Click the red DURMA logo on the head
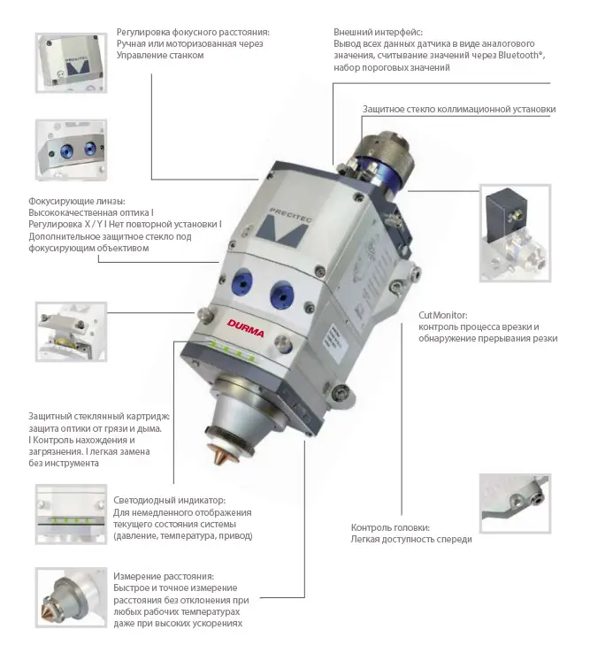[246, 328]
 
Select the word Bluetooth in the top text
[519, 56]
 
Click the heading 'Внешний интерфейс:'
[378, 32]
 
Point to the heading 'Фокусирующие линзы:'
[77, 201]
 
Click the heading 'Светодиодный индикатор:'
[169, 500]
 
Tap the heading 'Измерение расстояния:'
[164, 576]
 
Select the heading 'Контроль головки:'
[390, 527]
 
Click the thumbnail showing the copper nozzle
[71, 597]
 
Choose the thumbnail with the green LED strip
[71, 514]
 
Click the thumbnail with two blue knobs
[71, 150]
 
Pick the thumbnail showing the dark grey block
[515, 234]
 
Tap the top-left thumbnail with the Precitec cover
[71, 63]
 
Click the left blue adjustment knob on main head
[241, 283]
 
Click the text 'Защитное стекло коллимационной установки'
[459, 109]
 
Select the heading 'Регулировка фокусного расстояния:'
[193, 32]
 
